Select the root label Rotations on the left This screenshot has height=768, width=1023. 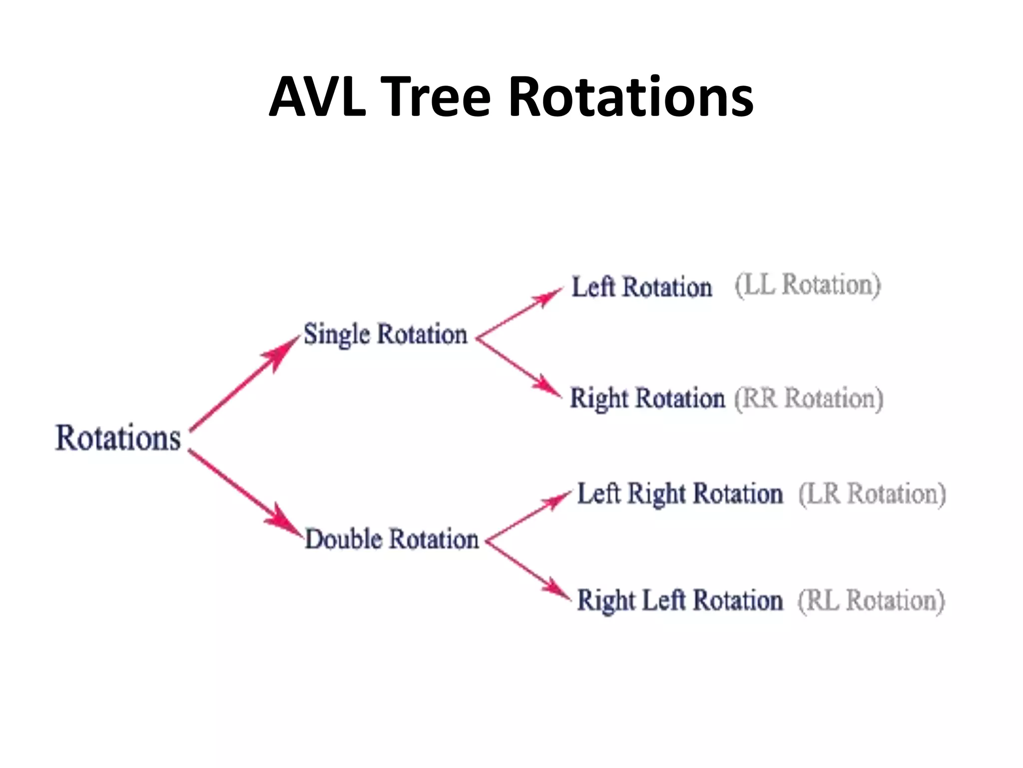pyautogui.click(x=118, y=438)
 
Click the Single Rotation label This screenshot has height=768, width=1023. pyautogui.click(x=385, y=334)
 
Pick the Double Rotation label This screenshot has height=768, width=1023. pyautogui.click(x=392, y=539)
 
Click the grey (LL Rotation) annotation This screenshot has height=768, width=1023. pyautogui.click(x=808, y=285)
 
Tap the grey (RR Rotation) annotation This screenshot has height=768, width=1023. pyautogui.click(x=809, y=398)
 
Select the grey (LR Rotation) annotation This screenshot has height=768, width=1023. pyautogui.click(x=872, y=494)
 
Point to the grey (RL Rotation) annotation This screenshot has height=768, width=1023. pyautogui.click(x=871, y=600)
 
